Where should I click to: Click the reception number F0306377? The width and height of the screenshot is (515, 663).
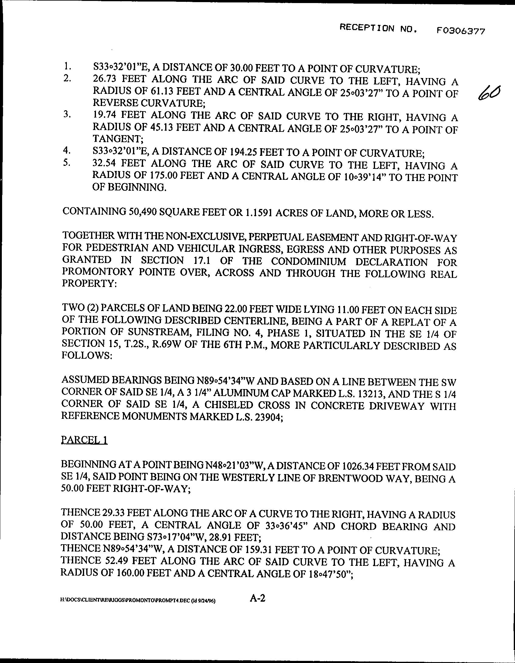pos(461,31)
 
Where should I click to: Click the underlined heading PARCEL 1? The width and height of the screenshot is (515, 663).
pos(84,440)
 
